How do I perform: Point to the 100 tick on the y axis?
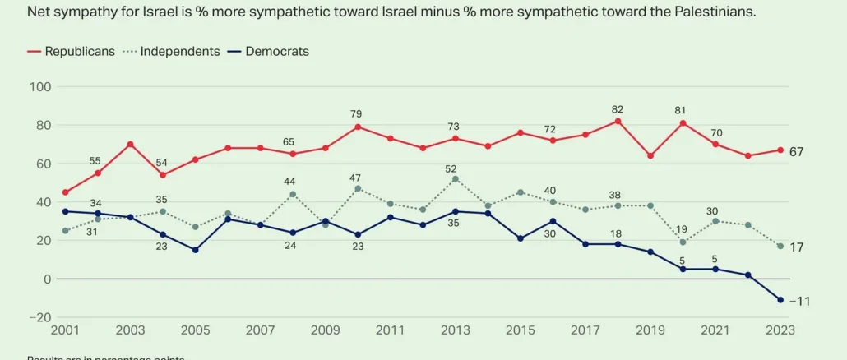[40, 87]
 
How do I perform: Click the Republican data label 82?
[617, 109]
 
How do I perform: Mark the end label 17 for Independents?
[797, 247]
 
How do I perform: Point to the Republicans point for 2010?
[358, 127]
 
